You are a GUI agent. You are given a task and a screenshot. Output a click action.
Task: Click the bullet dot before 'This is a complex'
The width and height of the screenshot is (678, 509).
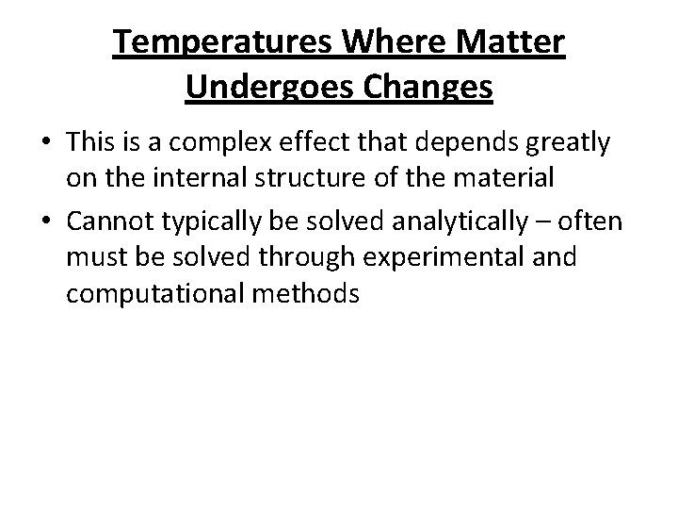47,144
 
